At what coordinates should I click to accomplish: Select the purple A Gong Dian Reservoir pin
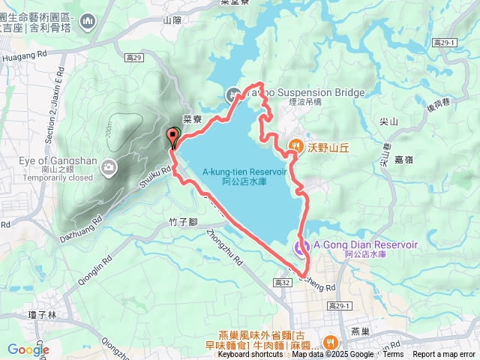[x=301, y=247]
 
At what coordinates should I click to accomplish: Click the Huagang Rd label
[x=25, y=54]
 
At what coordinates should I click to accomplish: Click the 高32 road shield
[x=282, y=282]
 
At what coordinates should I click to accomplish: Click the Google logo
[x=28, y=349]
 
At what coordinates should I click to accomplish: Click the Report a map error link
[x=444, y=355]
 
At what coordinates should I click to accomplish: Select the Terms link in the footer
[x=393, y=355]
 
